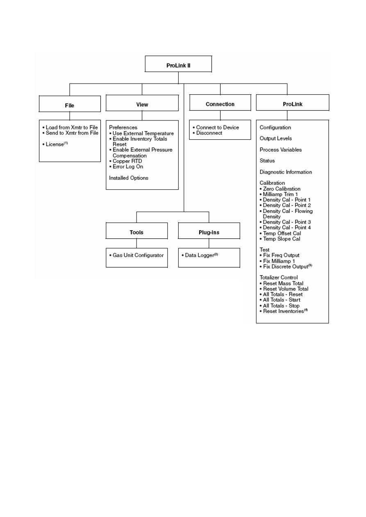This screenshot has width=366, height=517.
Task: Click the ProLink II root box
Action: [x=178, y=64]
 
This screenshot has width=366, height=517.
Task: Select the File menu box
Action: [x=70, y=104]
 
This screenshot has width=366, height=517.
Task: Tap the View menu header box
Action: [x=142, y=103]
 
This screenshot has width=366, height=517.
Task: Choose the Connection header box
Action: [x=220, y=102]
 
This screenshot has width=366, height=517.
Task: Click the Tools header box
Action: [x=136, y=231]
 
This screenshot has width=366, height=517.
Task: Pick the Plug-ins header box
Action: [x=209, y=231]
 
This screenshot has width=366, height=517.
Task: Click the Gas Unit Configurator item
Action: [x=136, y=255]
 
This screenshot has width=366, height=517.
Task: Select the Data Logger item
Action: [x=200, y=255]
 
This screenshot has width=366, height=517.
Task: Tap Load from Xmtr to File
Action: [x=70, y=127]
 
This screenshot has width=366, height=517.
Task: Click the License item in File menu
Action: [x=55, y=144]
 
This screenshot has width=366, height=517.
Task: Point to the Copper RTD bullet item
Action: [x=125, y=161]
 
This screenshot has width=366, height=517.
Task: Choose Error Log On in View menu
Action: [x=126, y=167]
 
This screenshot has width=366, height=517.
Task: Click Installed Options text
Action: [x=129, y=178]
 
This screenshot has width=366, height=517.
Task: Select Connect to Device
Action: [x=216, y=127]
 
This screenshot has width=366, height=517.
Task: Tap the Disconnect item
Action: [x=207, y=133]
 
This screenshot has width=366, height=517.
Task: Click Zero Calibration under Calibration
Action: [x=280, y=189]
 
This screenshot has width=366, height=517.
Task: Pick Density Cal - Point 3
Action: [x=285, y=222]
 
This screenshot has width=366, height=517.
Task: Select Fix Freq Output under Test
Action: [x=280, y=255]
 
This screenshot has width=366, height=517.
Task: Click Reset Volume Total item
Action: [x=284, y=289]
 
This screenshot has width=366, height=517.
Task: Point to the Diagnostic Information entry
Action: [x=286, y=172]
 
